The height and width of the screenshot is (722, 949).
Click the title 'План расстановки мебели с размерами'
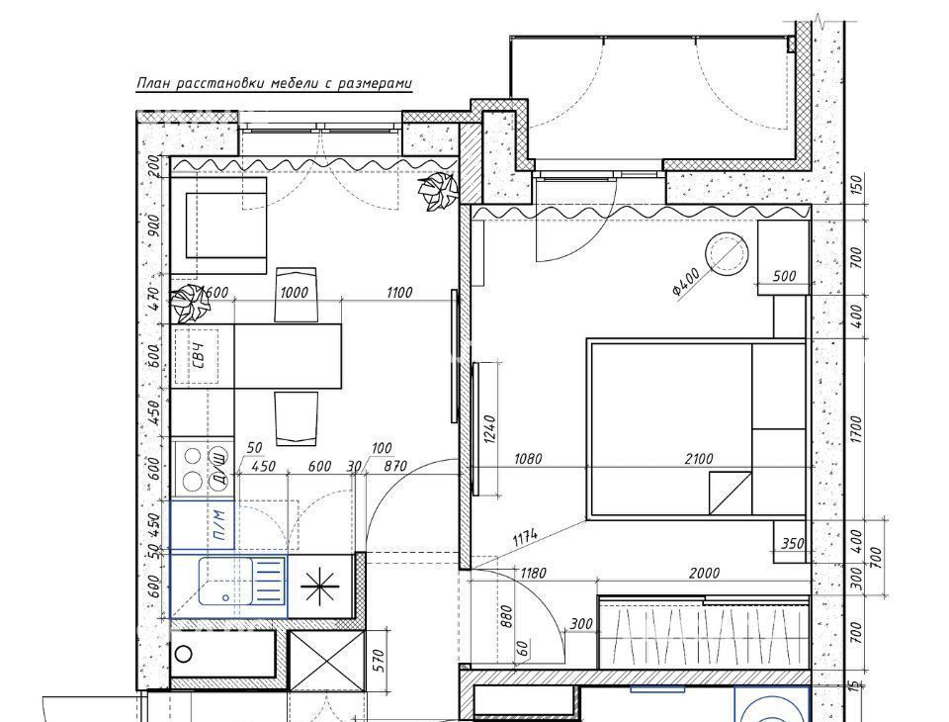(x=274, y=84)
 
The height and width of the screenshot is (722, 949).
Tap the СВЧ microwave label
(x=198, y=356)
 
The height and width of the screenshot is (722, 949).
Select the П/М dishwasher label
(x=219, y=526)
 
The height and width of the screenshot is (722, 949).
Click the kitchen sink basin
(x=225, y=582)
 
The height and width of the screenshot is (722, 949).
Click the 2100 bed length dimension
(x=699, y=459)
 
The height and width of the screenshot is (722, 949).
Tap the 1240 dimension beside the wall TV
(x=489, y=429)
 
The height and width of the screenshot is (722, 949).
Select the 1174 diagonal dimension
(x=525, y=538)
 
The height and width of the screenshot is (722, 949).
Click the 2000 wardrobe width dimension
(x=705, y=573)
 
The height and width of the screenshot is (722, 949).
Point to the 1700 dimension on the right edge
(x=855, y=429)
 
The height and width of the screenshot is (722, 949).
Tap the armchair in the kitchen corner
(x=219, y=226)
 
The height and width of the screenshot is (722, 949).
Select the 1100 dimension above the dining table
(x=398, y=293)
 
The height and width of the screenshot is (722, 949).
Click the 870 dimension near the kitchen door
(x=395, y=466)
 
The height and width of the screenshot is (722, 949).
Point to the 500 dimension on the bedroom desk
(x=784, y=276)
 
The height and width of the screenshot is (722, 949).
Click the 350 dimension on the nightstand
(x=792, y=543)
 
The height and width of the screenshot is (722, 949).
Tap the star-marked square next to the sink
(x=320, y=587)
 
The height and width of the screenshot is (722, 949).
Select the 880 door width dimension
(x=506, y=616)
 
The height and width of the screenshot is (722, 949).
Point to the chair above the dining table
(x=296, y=294)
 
